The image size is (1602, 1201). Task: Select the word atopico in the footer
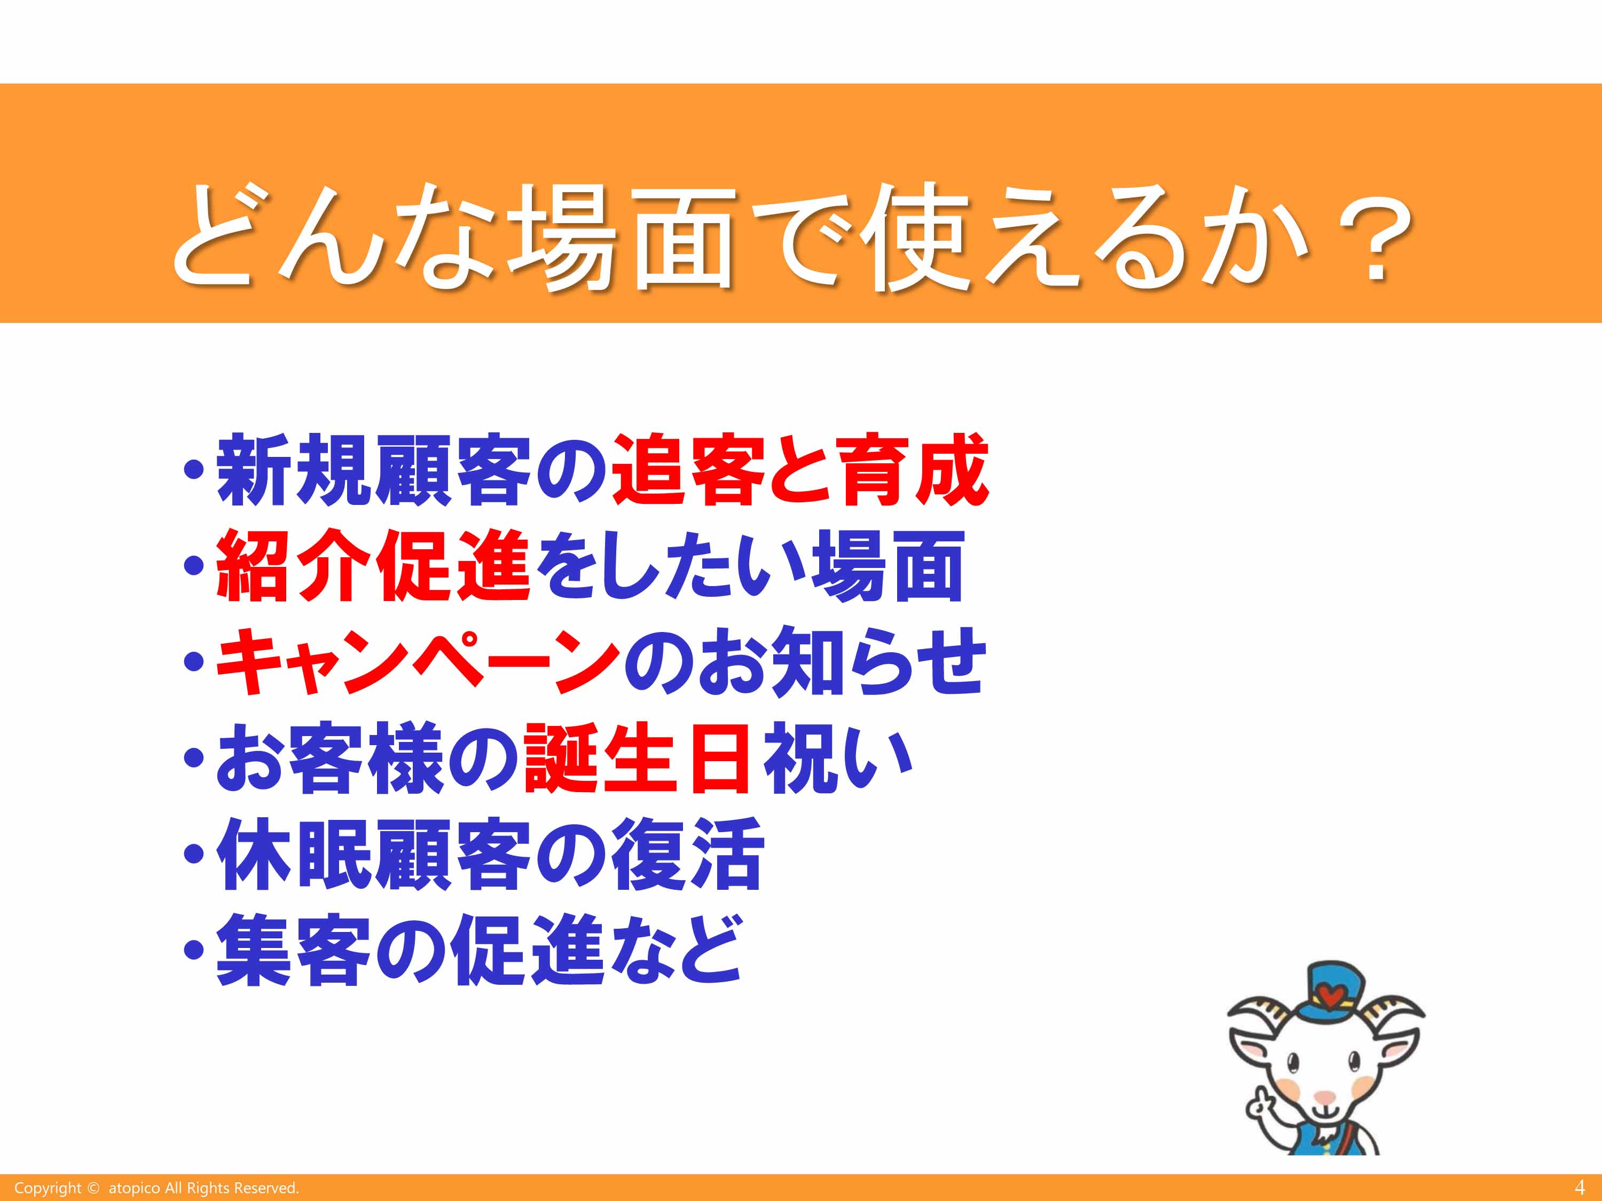[x=134, y=1189]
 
